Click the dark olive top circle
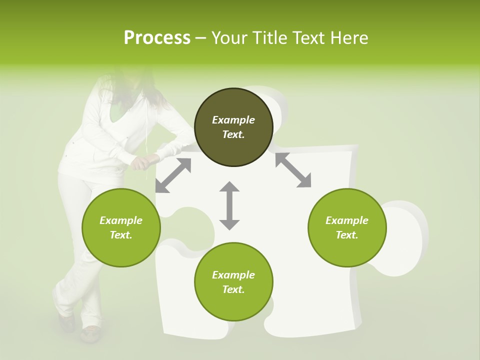coord(233,127)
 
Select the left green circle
coord(121,227)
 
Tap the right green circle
coord(347,227)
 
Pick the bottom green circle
coord(233,282)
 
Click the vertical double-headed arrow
coord(229,205)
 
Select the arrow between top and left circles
coord(173,175)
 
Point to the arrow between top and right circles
coord(293,170)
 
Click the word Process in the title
coord(157,37)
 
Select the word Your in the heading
coord(228,37)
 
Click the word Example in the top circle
coord(233,120)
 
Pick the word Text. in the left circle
coord(121,235)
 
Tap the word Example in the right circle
coord(347,220)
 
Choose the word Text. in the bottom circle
coord(233,289)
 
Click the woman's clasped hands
coord(140,162)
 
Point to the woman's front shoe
coord(90,334)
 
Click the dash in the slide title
coord(201,38)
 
